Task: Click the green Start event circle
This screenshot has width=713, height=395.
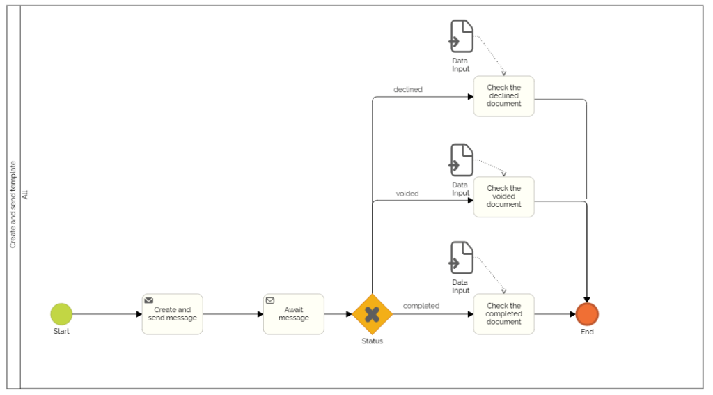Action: [61, 314]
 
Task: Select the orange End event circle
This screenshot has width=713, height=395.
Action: [587, 314]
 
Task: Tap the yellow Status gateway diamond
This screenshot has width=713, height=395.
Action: [373, 314]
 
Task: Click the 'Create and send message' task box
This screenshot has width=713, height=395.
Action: [173, 315]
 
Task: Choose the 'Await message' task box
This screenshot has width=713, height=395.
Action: [294, 314]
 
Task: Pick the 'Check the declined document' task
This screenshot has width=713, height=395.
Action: [503, 96]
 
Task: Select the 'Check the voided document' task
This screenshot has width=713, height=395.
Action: [503, 196]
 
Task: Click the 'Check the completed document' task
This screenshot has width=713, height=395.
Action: [503, 314]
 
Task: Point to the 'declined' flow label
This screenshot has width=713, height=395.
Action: [408, 89]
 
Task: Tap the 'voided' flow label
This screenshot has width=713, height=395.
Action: [407, 194]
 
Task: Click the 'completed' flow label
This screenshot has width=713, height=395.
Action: [421, 306]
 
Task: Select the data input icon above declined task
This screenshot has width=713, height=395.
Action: [461, 36]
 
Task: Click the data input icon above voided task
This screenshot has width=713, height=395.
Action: [461, 160]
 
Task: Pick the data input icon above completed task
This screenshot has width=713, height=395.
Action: [461, 258]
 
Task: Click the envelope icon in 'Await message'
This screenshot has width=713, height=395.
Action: [270, 300]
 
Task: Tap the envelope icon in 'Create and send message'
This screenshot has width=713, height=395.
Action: [149, 300]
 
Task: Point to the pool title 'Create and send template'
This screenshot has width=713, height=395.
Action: [13, 205]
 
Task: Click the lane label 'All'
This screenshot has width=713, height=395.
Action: [26, 195]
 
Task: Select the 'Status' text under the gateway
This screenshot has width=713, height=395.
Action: [373, 341]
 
